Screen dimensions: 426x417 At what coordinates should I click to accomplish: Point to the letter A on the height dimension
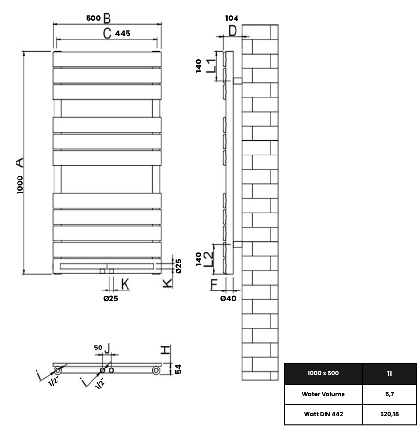point(20,162)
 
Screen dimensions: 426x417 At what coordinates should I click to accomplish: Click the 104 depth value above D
point(232,18)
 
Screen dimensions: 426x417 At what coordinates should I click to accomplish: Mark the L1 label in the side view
point(210,65)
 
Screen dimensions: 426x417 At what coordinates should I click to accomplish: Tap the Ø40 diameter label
point(228,298)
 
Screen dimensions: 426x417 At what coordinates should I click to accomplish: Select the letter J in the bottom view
point(108,348)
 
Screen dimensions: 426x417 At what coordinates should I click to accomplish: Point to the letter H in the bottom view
point(166,349)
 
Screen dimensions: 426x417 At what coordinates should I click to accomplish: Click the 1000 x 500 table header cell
point(323,373)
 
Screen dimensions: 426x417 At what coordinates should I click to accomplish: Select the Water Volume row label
point(323,394)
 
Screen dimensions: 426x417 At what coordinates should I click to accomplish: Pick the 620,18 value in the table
point(389,415)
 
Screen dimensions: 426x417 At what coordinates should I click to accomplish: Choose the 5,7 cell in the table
point(389,394)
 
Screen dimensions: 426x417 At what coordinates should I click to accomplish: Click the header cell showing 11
point(389,373)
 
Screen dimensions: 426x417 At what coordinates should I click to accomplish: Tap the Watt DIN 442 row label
point(323,415)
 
